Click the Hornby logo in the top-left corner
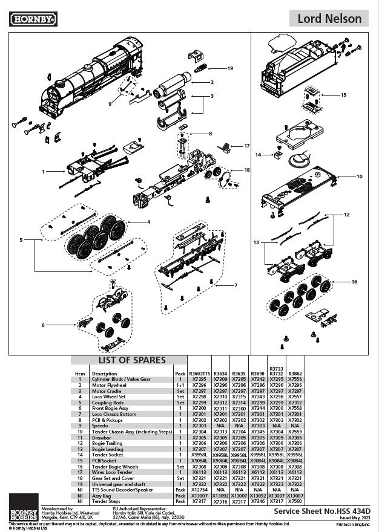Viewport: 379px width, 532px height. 34,19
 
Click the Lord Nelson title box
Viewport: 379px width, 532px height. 334,19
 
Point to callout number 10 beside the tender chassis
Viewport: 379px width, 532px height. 359,177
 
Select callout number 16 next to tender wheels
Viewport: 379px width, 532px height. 354,282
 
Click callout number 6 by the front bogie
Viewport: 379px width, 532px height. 43,325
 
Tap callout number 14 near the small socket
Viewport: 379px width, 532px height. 258,155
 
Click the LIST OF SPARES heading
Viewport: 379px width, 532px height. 128,360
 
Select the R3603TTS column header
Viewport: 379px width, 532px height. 199,374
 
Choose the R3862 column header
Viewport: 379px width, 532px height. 295,374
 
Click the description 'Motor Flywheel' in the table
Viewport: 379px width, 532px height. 109,385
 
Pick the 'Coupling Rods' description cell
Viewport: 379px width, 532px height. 107,403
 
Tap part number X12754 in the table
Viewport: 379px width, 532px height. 199,490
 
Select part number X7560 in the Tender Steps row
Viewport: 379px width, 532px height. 295,501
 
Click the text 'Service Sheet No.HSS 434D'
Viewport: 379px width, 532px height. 322,511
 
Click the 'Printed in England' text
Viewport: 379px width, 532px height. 355,524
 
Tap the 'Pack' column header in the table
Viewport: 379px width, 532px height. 180,374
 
